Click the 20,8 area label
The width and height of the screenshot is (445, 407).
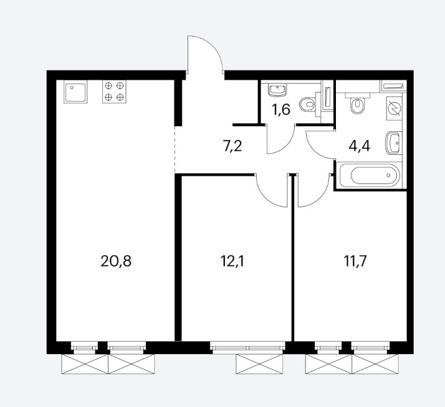(x=116, y=261)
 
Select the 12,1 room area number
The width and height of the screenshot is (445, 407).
(x=232, y=261)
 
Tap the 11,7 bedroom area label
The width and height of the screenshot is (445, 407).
(x=355, y=261)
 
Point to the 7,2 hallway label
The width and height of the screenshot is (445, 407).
(x=232, y=146)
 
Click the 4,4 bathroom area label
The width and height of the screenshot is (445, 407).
(x=359, y=146)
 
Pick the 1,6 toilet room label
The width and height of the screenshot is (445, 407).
(x=281, y=110)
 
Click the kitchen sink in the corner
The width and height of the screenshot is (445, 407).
(x=75, y=92)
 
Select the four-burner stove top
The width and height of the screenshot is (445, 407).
(x=114, y=92)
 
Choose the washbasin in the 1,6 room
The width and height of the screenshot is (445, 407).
(x=277, y=90)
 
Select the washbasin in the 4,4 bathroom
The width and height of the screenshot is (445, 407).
(x=394, y=143)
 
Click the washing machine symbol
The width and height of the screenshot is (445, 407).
(x=395, y=108)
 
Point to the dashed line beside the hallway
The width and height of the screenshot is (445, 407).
(x=175, y=149)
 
